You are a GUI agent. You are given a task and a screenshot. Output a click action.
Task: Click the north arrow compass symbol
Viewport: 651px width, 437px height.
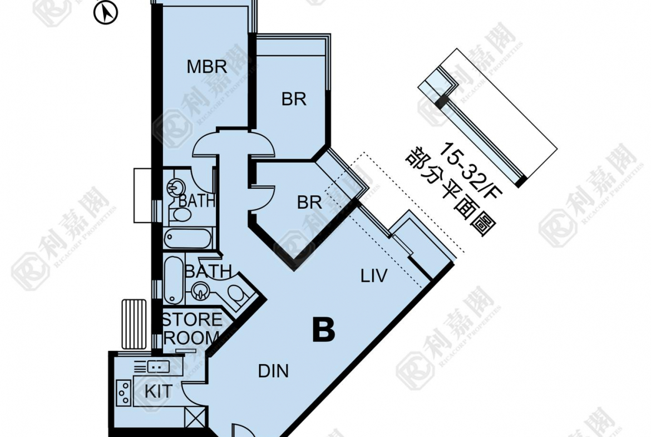coord(107,13)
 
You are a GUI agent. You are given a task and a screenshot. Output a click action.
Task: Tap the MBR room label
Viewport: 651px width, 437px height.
coord(206,67)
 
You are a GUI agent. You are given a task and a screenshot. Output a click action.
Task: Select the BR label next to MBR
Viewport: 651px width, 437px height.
coord(294,99)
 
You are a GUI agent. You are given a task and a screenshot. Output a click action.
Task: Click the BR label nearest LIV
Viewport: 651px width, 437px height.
coord(309,202)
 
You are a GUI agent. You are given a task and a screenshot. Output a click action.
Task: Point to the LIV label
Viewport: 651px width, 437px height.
coord(373,276)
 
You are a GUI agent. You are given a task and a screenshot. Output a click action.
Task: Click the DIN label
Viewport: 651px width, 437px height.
coord(274,371)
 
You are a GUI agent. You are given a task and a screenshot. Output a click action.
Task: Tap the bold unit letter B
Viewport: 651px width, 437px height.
coord(323,331)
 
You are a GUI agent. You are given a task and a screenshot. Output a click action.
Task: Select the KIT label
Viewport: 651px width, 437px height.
coord(159,391)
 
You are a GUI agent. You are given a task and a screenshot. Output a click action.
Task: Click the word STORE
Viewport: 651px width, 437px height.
coord(191,320)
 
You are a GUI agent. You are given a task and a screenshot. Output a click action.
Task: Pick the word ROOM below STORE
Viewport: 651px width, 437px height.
coord(191,337)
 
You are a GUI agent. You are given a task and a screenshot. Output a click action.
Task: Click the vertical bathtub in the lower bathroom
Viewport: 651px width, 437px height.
coord(173,280)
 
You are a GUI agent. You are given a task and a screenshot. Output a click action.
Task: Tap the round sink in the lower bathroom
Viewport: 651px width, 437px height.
coord(200,289)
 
